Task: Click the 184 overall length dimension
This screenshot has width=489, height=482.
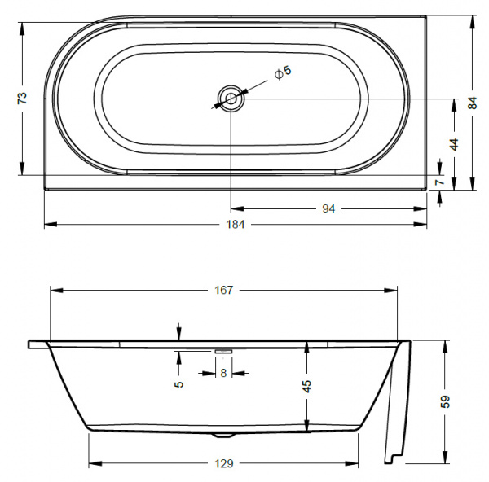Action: (x=236, y=224)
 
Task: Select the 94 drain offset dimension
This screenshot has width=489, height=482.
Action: (x=328, y=208)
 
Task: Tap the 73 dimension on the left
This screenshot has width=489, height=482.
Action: (x=23, y=98)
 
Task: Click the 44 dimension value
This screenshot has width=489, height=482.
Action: (x=454, y=143)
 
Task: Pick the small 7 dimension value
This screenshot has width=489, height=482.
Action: (x=440, y=182)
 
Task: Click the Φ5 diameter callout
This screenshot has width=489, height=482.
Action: (x=282, y=73)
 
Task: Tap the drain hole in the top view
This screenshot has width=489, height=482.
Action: (x=231, y=99)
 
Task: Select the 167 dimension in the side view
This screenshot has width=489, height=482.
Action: (x=224, y=290)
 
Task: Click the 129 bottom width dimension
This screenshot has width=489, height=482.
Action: (x=224, y=463)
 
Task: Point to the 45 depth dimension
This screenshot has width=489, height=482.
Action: (x=307, y=386)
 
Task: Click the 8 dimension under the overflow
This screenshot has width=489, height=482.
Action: (x=223, y=373)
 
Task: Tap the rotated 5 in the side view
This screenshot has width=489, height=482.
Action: (x=178, y=384)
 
